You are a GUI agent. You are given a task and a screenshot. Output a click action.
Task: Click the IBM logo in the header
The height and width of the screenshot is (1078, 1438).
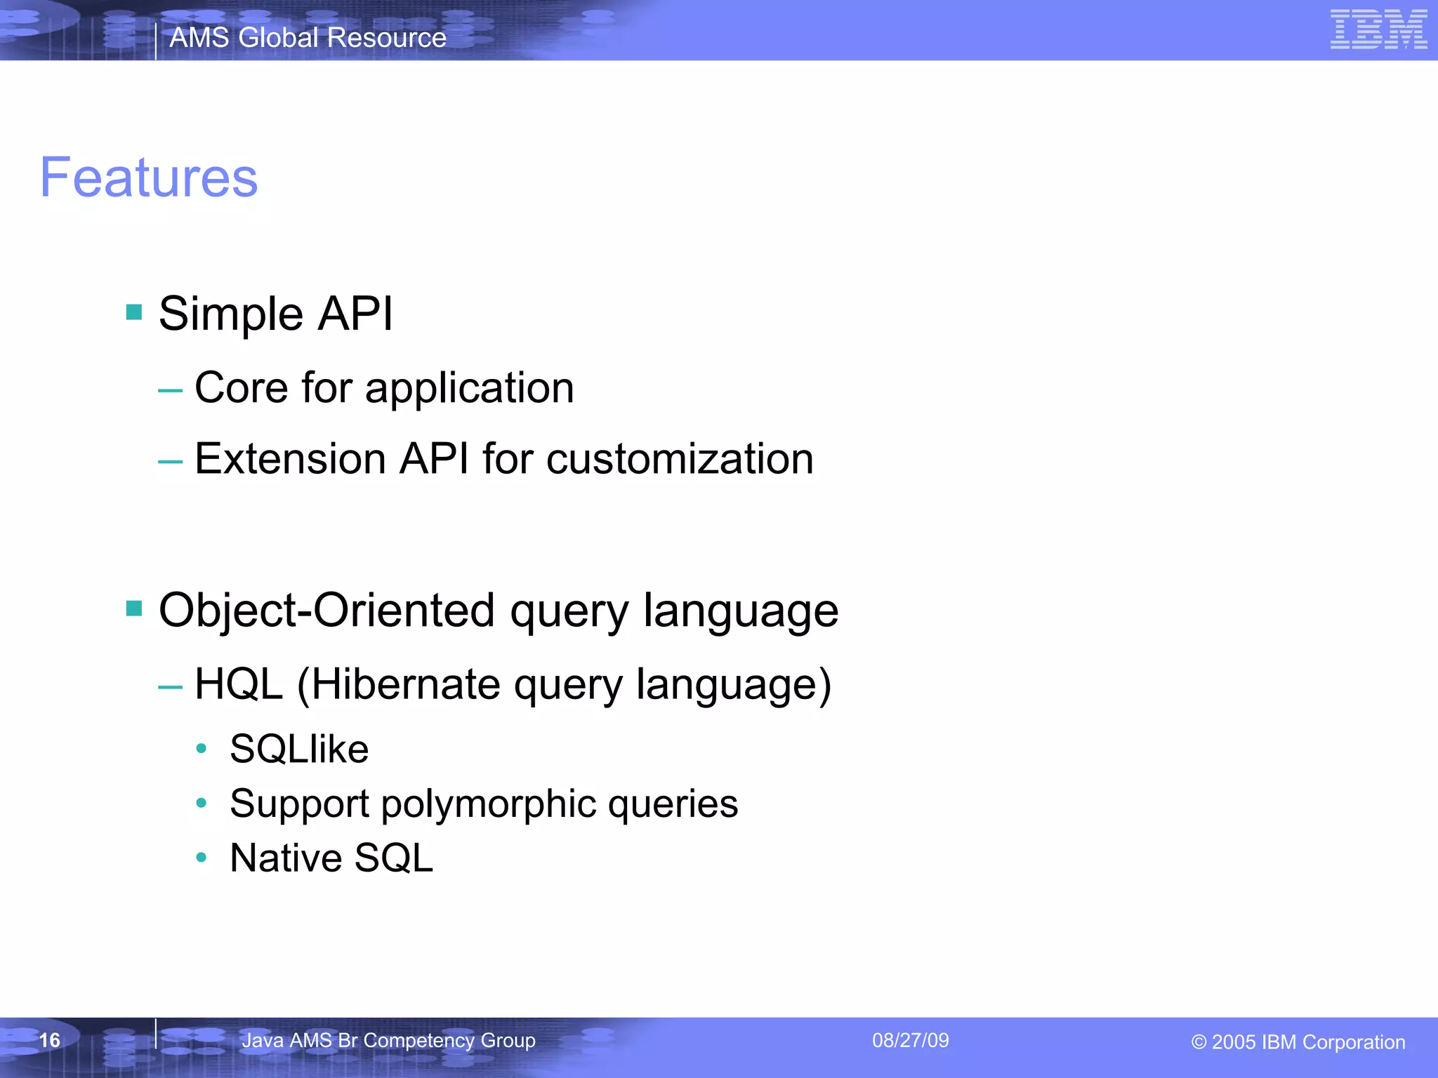tap(1378, 29)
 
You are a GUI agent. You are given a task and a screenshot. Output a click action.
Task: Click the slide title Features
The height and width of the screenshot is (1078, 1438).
tap(149, 178)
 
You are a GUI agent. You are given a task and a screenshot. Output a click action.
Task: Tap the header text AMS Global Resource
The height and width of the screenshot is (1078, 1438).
tap(308, 37)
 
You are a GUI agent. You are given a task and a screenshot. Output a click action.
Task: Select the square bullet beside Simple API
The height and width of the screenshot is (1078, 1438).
tap(134, 312)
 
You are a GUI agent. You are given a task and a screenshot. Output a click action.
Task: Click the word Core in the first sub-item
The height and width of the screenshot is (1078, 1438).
tap(241, 387)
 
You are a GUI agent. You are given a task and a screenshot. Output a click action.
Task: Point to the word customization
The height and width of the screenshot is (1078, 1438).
tap(679, 459)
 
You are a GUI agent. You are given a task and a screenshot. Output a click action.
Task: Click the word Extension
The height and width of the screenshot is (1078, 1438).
tap(290, 459)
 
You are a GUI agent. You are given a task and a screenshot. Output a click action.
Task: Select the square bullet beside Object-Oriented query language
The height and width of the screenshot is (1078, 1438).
tap(134, 608)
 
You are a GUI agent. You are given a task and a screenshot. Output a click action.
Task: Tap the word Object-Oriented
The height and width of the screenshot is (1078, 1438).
tap(326, 609)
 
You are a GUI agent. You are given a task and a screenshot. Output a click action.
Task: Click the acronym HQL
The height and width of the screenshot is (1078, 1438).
tap(239, 684)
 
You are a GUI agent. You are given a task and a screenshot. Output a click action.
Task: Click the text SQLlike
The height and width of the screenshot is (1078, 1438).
tap(299, 749)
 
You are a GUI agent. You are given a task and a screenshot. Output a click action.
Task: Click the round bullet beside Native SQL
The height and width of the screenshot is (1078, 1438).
tap(202, 857)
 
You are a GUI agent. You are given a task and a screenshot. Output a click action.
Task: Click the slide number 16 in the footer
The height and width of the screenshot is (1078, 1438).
tap(49, 1040)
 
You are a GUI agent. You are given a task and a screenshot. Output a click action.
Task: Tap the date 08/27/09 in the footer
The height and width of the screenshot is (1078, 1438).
tap(910, 1040)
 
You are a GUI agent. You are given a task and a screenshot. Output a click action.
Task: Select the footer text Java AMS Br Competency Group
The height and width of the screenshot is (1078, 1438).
tap(388, 1040)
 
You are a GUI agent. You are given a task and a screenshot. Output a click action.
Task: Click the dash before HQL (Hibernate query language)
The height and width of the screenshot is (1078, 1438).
tap(170, 686)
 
